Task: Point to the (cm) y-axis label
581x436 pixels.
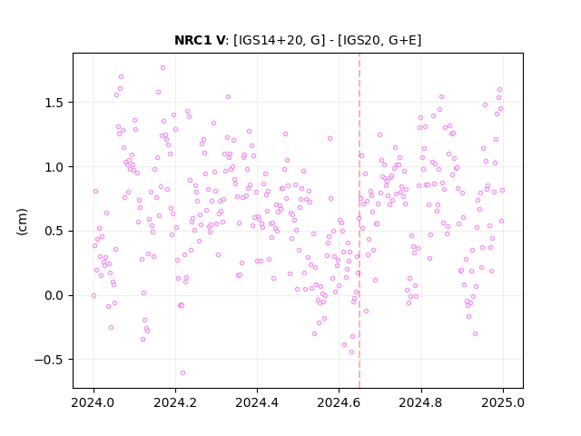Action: coord(22,222)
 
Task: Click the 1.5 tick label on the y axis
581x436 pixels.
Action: coord(54,103)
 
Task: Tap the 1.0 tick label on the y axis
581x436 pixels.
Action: coord(54,167)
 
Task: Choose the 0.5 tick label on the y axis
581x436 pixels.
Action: coord(54,232)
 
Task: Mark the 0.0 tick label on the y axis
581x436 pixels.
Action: coord(54,296)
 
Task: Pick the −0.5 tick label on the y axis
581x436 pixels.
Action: coord(50,360)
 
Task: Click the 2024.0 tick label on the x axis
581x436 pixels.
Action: coord(94,402)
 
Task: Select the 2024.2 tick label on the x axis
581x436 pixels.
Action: coord(175,402)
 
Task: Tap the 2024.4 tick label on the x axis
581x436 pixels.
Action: coord(257,402)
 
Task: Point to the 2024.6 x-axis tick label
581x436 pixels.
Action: coord(339,402)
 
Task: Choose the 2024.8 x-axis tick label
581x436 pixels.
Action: coord(420,402)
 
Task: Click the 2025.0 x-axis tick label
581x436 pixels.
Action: coord(503,402)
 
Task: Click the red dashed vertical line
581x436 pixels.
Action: coord(359,221)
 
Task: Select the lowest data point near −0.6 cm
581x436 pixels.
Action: coord(182,373)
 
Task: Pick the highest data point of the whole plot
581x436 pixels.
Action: coord(162,68)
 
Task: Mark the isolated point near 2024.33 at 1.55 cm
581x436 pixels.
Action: coord(228,97)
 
